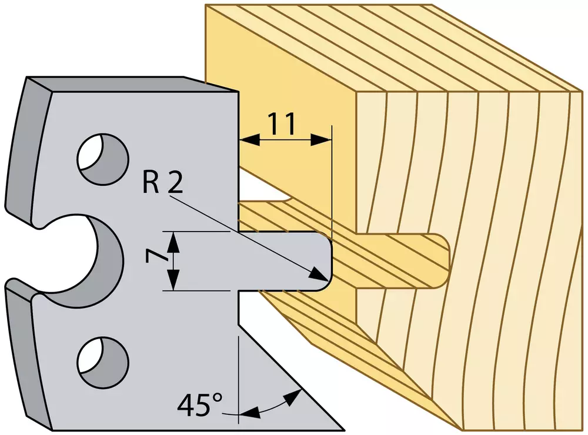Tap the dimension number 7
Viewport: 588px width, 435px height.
click(154, 260)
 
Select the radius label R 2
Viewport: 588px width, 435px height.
click(162, 181)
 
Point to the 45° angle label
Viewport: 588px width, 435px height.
click(199, 405)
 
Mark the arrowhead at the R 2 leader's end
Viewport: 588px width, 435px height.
click(318, 275)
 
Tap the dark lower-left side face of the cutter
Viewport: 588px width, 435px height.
click(28, 353)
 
